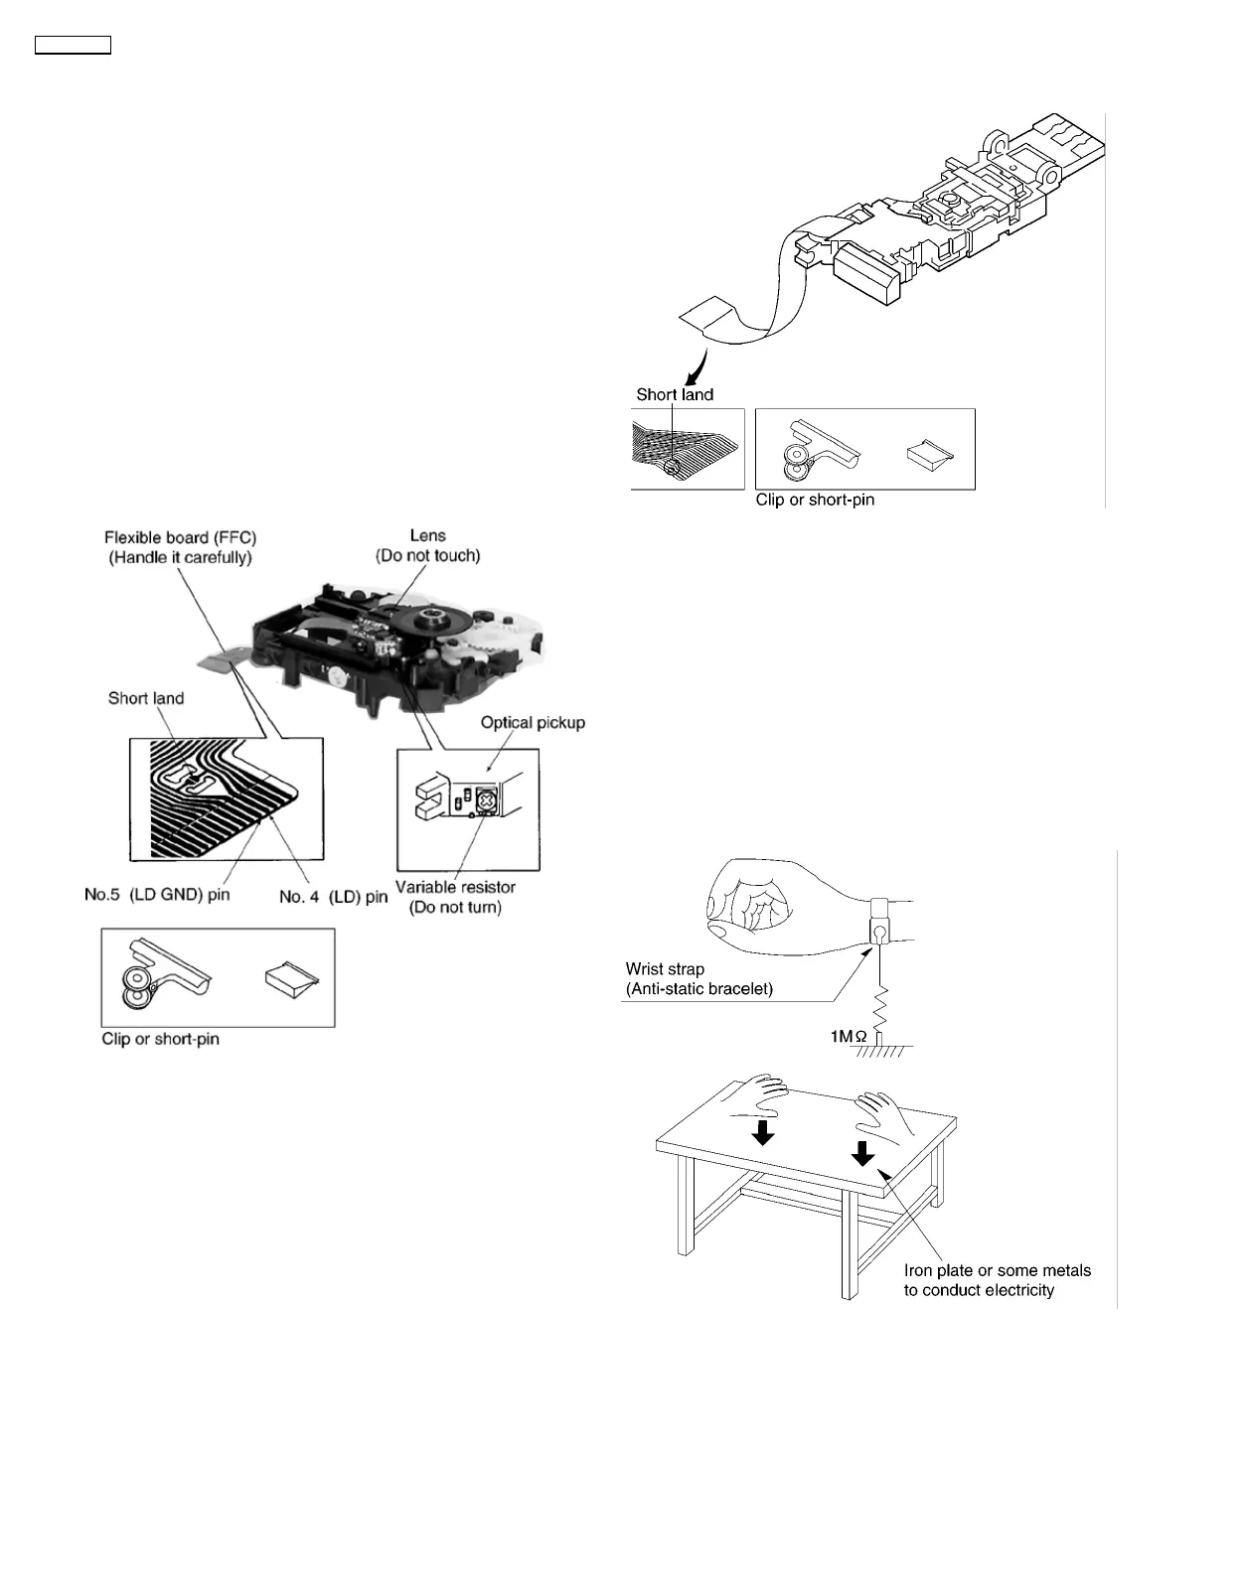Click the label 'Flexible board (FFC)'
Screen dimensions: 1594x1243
pyautogui.click(x=180, y=537)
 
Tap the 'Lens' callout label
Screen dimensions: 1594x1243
pyautogui.click(x=428, y=535)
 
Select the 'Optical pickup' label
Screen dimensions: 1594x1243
pyautogui.click(x=533, y=722)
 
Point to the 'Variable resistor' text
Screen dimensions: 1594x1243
pyautogui.click(x=455, y=887)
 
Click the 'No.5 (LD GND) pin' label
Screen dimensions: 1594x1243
pyautogui.click(x=157, y=895)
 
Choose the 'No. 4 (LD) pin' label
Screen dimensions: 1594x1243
pyautogui.click(x=334, y=897)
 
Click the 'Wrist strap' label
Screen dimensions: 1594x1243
pyautogui.click(x=665, y=968)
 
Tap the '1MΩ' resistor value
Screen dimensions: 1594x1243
pyautogui.click(x=849, y=1037)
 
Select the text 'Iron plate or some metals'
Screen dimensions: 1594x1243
pyautogui.click(x=997, y=1270)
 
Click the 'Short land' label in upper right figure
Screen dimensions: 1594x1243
pyautogui.click(x=675, y=394)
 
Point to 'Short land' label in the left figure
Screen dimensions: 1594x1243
pyautogui.click(x=146, y=698)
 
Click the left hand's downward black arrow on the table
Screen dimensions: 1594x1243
pyautogui.click(x=763, y=1132)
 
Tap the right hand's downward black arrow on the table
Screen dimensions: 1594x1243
pyautogui.click(x=862, y=1152)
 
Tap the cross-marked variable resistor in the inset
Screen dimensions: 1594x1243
pyautogui.click(x=487, y=800)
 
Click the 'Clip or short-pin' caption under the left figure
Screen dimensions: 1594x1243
pyautogui.click(x=160, y=1039)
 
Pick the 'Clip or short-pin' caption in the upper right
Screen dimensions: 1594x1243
pyautogui.click(x=815, y=500)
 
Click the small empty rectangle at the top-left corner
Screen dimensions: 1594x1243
pyautogui.click(x=73, y=45)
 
